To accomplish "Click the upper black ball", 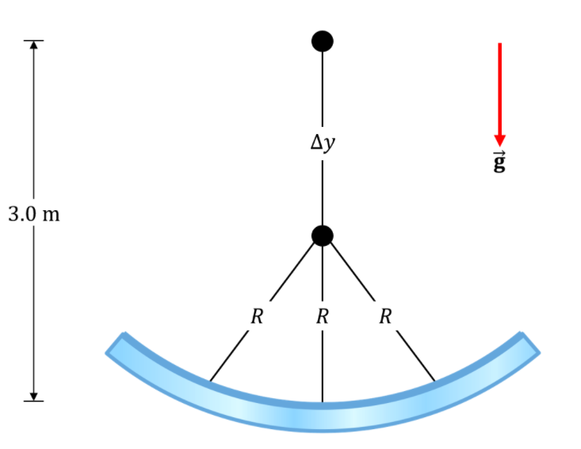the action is (x=323, y=41).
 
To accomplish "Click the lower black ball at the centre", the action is (x=323, y=236).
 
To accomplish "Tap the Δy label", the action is (x=323, y=143).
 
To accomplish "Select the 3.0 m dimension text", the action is (x=34, y=214).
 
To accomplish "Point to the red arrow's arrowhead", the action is (x=500, y=140).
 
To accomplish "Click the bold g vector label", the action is (x=499, y=162).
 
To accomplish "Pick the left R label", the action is (x=257, y=317).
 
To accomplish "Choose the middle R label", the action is (x=323, y=317).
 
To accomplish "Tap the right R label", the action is (x=385, y=317).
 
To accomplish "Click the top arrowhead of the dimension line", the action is (x=34, y=44).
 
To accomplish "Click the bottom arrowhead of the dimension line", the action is (x=34, y=397).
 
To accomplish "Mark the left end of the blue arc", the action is (x=115, y=343).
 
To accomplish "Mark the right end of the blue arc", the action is (x=530, y=343).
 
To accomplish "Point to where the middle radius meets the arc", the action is (x=323, y=402).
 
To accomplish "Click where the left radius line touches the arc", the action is (x=210, y=381).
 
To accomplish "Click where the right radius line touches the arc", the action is (x=435, y=381).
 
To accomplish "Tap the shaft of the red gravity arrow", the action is (x=500, y=89).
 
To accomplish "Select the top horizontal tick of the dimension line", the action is (x=34, y=40).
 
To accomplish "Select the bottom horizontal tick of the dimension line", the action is (x=34, y=401).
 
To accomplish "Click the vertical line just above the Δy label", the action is (x=323, y=89).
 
